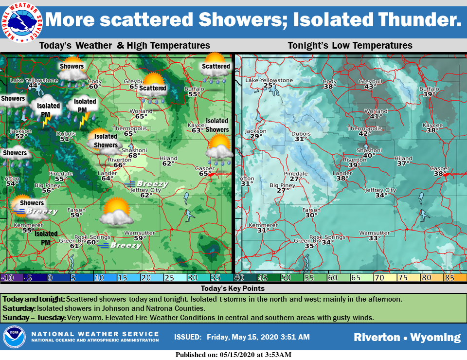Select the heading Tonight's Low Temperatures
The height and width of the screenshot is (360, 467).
pyautogui.click(x=350, y=46)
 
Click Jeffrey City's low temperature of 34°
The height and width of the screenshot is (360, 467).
pyautogui.click(x=381, y=196)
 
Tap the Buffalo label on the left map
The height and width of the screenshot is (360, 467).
pyautogui.click(x=194, y=89)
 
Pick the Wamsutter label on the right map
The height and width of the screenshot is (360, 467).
pyautogui.click(x=374, y=233)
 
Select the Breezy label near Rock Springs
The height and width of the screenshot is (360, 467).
pyautogui.click(x=125, y=246)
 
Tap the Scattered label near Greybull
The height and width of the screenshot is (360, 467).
pyautogui.click(x=153, y=89)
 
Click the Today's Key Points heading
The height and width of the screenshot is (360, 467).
pyautogui.click(x=233, y=288)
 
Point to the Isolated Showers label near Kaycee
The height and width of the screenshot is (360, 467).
pyautogui.click(x=217, y=125)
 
